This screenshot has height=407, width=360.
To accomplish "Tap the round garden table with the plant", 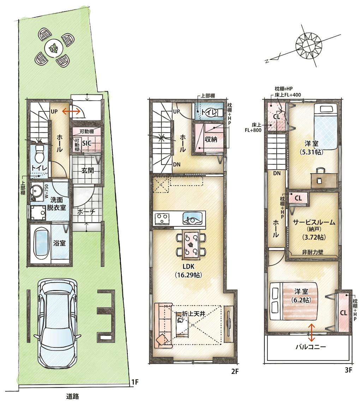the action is tap(54, 48).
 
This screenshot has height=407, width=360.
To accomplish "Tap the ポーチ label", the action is tap(86, 212).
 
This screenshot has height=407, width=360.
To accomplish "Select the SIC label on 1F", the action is tap(87, 143).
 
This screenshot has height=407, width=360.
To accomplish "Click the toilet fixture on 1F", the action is tap(39, 154).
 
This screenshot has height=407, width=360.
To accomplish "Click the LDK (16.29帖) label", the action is tap(188, 271).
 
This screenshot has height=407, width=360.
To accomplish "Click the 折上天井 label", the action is tap(194, 313).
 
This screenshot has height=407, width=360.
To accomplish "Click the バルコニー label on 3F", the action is tap(311, 347).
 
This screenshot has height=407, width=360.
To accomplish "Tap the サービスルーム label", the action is tap(314, 222).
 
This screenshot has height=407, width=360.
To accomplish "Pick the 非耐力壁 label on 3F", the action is tap(312, 252).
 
